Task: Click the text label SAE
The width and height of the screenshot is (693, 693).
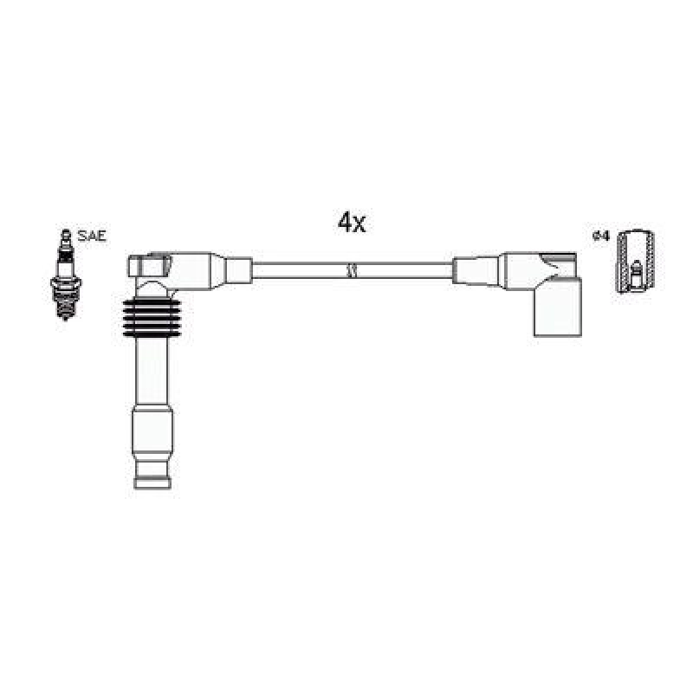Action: (x=92, y=235)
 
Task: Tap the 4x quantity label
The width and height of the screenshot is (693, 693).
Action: (x=352, y=223)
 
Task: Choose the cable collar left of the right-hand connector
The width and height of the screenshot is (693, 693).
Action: (x=476, y=268)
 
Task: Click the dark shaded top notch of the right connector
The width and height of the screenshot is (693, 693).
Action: (x=559, y=257)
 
